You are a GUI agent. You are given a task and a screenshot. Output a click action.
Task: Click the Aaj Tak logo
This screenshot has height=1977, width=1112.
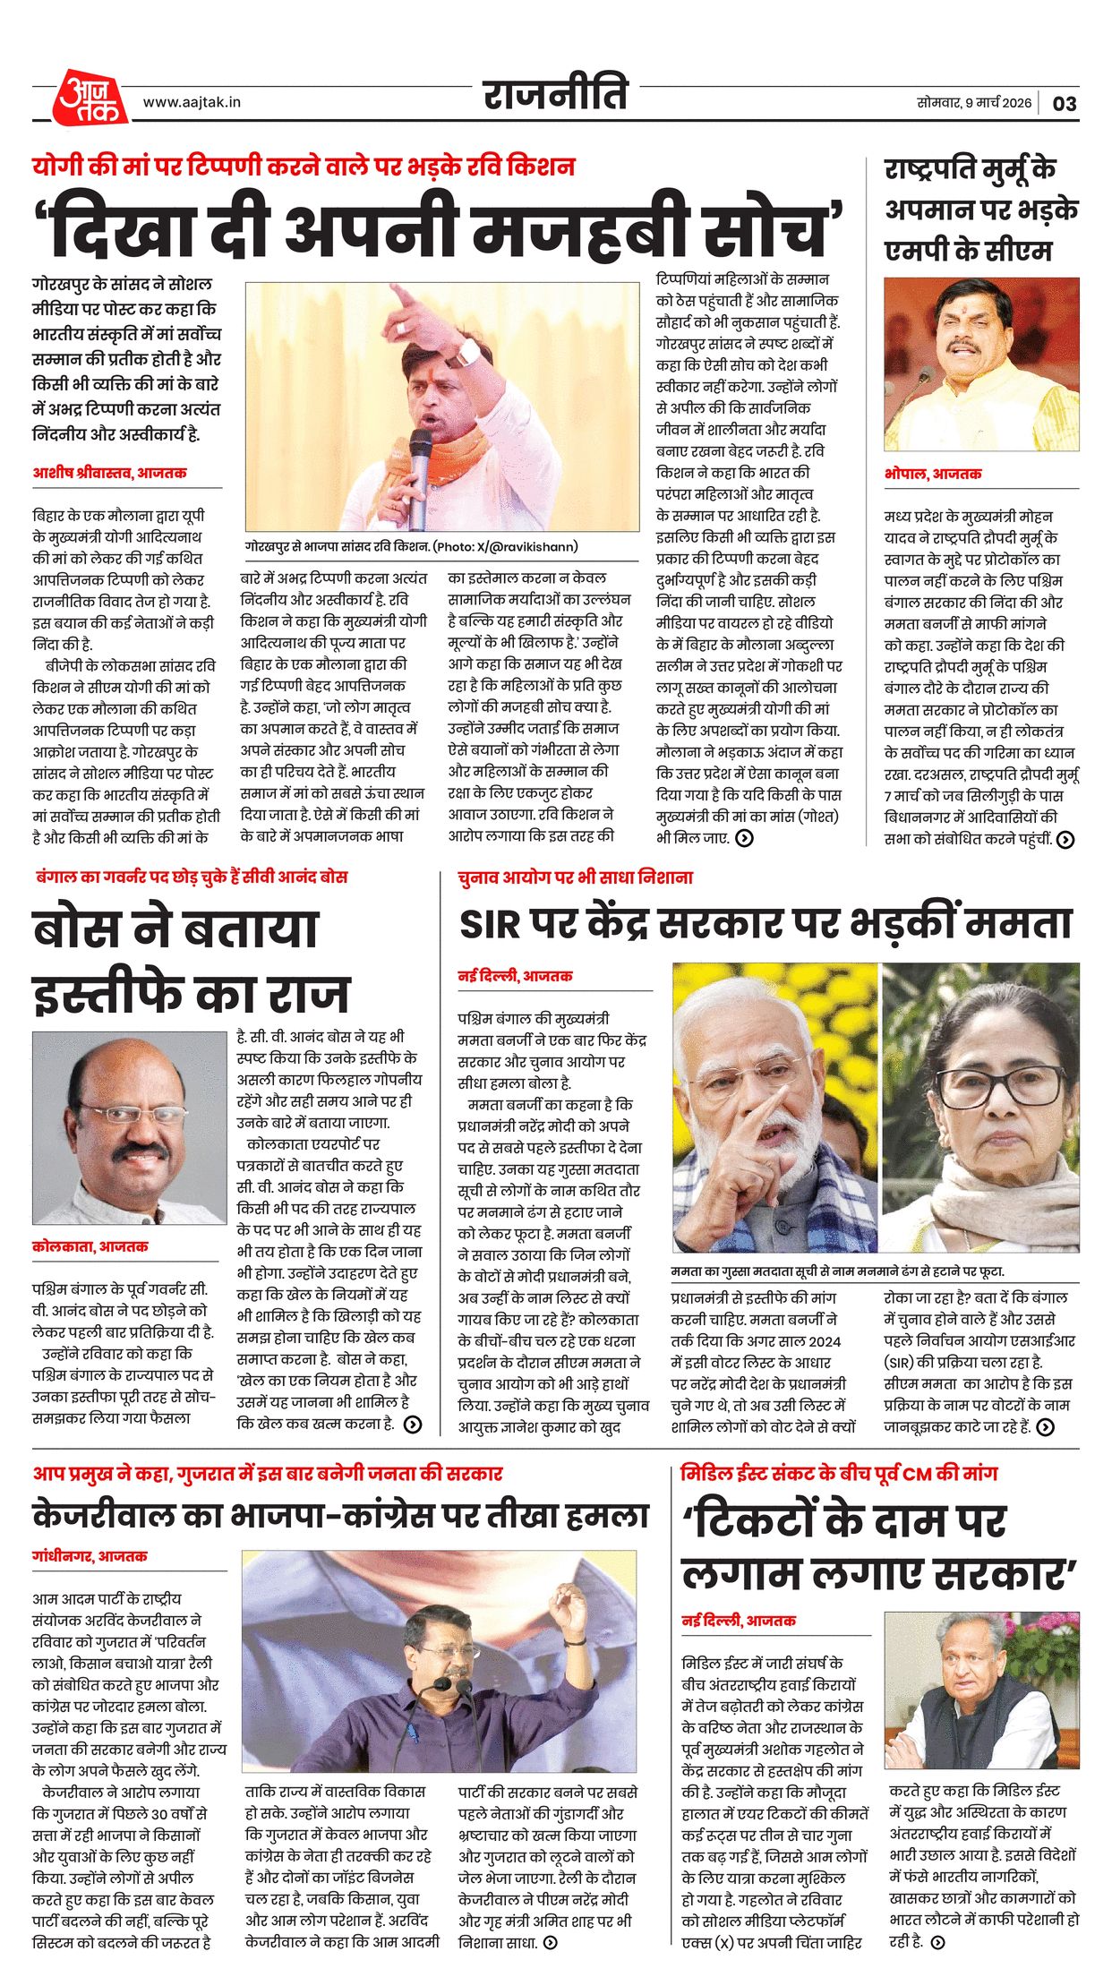pyautogui.click(x=90, y=97)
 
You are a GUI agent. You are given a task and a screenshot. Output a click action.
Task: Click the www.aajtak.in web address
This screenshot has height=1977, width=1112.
pyautogui.click(x=192, y=102)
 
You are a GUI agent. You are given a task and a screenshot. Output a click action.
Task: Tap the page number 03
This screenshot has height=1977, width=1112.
pyautogui.click(x=1064, y=104)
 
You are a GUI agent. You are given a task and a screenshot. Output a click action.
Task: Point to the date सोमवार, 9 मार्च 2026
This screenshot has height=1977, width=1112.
pyautogui.click(x=973, y=103)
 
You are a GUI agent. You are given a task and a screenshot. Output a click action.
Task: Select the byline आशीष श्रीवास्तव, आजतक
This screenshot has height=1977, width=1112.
pyautogui.click(x=109, y=473)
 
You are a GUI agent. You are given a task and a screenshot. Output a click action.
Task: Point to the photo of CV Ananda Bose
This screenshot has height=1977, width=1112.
pyautogui.click(x=129, y=1127)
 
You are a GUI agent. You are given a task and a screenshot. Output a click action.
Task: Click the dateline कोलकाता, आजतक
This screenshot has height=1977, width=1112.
pyautogui.click(x=90, y=1246)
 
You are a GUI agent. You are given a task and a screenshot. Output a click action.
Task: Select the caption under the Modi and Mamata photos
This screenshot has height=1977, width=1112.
pyautogui.click(x=837, y=1271)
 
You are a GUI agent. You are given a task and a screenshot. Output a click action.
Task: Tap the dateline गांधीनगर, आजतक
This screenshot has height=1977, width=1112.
pyautogui.click(x=90, y=1556)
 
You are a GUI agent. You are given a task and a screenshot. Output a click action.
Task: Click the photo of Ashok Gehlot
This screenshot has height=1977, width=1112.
pyautogui.click(x=981, y=1690)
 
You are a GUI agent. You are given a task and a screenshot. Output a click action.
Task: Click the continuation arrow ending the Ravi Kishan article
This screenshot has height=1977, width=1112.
pyautogui.click(x=744, y=838)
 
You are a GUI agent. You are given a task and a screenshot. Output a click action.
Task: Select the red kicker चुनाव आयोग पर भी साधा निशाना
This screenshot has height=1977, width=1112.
pyautogui.click(x=575, y=877)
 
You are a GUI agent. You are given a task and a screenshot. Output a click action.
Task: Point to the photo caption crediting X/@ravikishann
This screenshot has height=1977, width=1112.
pyautogui.click(x=412, y=546)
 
